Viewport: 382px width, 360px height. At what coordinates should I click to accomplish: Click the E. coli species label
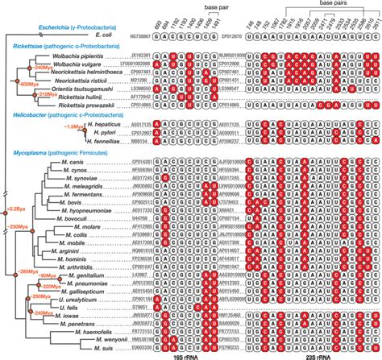click(x=104, y=35)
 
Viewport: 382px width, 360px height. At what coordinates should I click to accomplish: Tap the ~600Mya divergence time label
click(x=33, y=83)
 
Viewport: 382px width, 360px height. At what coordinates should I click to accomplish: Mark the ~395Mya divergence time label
click(x=29, y=269)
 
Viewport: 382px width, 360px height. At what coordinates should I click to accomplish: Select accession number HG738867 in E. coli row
click(x=138, y=35)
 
